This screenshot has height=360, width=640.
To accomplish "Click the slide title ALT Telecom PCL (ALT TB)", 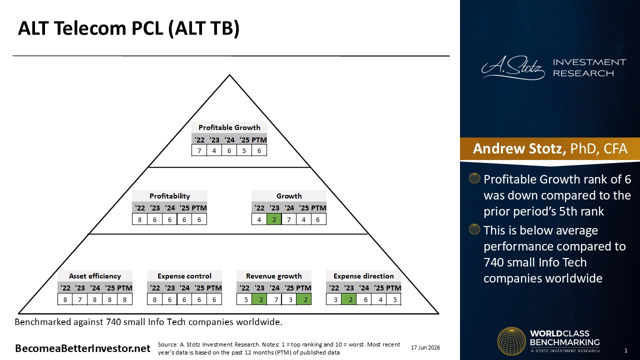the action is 128,28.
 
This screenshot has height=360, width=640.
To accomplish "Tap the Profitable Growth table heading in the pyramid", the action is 229,127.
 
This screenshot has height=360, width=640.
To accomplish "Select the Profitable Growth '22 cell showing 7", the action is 199,150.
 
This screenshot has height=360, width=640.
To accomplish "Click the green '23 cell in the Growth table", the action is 274,219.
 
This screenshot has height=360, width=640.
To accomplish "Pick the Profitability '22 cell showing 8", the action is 139,219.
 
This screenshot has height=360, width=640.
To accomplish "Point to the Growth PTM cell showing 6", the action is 318,219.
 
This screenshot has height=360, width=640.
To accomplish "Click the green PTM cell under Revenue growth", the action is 304,299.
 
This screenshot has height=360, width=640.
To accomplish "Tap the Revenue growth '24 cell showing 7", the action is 274,299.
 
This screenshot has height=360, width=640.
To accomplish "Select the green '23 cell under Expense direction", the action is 349,299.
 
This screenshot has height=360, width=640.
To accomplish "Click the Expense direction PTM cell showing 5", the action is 393,299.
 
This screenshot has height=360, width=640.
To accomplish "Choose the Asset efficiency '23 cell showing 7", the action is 80,299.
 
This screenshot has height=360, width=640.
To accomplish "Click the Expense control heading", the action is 184,276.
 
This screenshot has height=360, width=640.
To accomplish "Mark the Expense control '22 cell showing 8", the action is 154,299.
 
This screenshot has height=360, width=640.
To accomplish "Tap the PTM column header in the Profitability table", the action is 199,208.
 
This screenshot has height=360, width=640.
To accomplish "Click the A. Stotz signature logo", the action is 513,67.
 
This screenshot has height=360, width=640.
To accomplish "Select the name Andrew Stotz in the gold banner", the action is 519,148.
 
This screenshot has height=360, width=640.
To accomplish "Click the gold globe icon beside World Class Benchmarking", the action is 511,341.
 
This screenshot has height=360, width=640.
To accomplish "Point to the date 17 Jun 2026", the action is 425,347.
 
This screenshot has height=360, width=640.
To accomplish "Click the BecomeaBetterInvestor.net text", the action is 82,348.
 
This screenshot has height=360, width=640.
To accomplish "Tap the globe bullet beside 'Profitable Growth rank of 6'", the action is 474,178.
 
